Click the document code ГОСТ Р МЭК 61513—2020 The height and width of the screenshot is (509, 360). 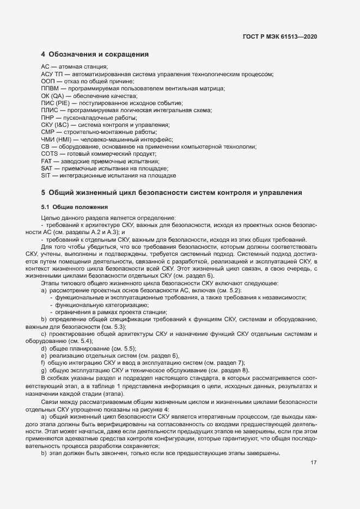tap(280, 37)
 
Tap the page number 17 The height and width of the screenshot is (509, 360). tap(314, 463)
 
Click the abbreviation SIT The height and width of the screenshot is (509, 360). tap(46, 176)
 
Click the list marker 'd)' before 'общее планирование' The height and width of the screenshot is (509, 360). tap(44, 348)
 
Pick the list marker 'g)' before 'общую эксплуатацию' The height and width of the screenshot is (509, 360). tap(44, 370)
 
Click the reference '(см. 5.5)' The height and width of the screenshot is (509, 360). tap(125, 348)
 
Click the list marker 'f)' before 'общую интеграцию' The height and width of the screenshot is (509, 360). tap(43, 363)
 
